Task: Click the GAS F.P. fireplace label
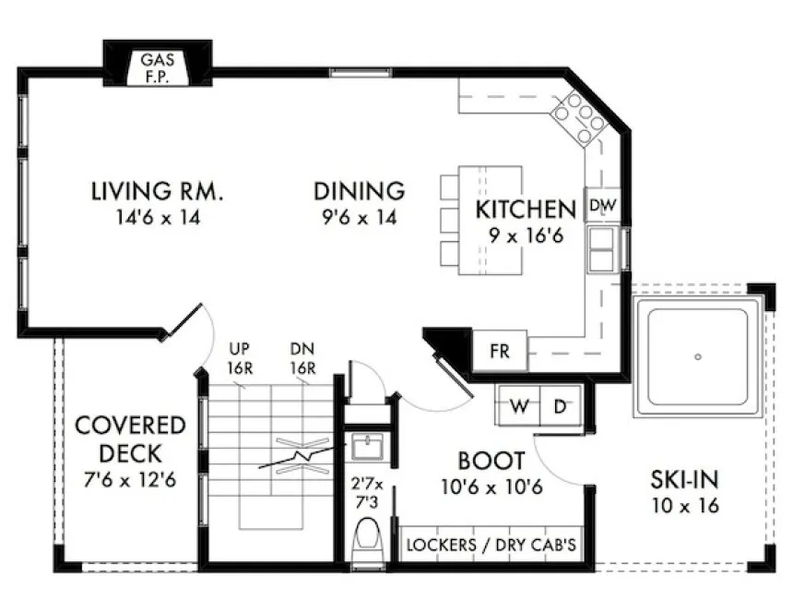(x=157, y=67)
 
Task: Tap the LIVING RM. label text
(x=157, y=192)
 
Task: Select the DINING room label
(x=359, y=191)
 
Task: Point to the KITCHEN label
(x=526, y=209)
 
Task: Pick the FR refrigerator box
(x=499, y=351)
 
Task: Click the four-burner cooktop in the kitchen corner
(x=577, y=119)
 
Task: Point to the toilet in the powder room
(x=370, y=542)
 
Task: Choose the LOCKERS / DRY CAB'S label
(x=491, y=546)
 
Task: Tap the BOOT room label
(x=491, y=460)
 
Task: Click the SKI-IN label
(x=684, y=480)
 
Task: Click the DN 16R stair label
(x=302, y=356)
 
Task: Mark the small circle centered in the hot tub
(x=697, y=356)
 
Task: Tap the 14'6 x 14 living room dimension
(x=157, y=218)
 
